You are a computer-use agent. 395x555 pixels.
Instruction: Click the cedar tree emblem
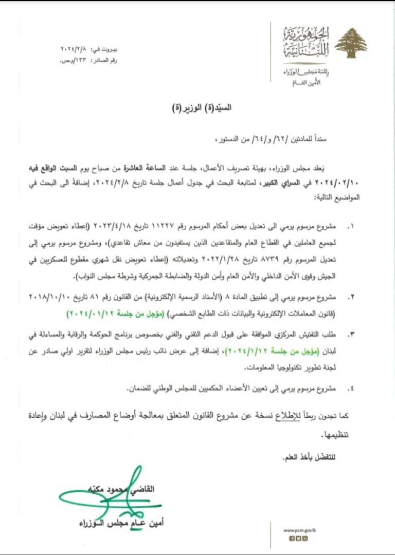351,43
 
